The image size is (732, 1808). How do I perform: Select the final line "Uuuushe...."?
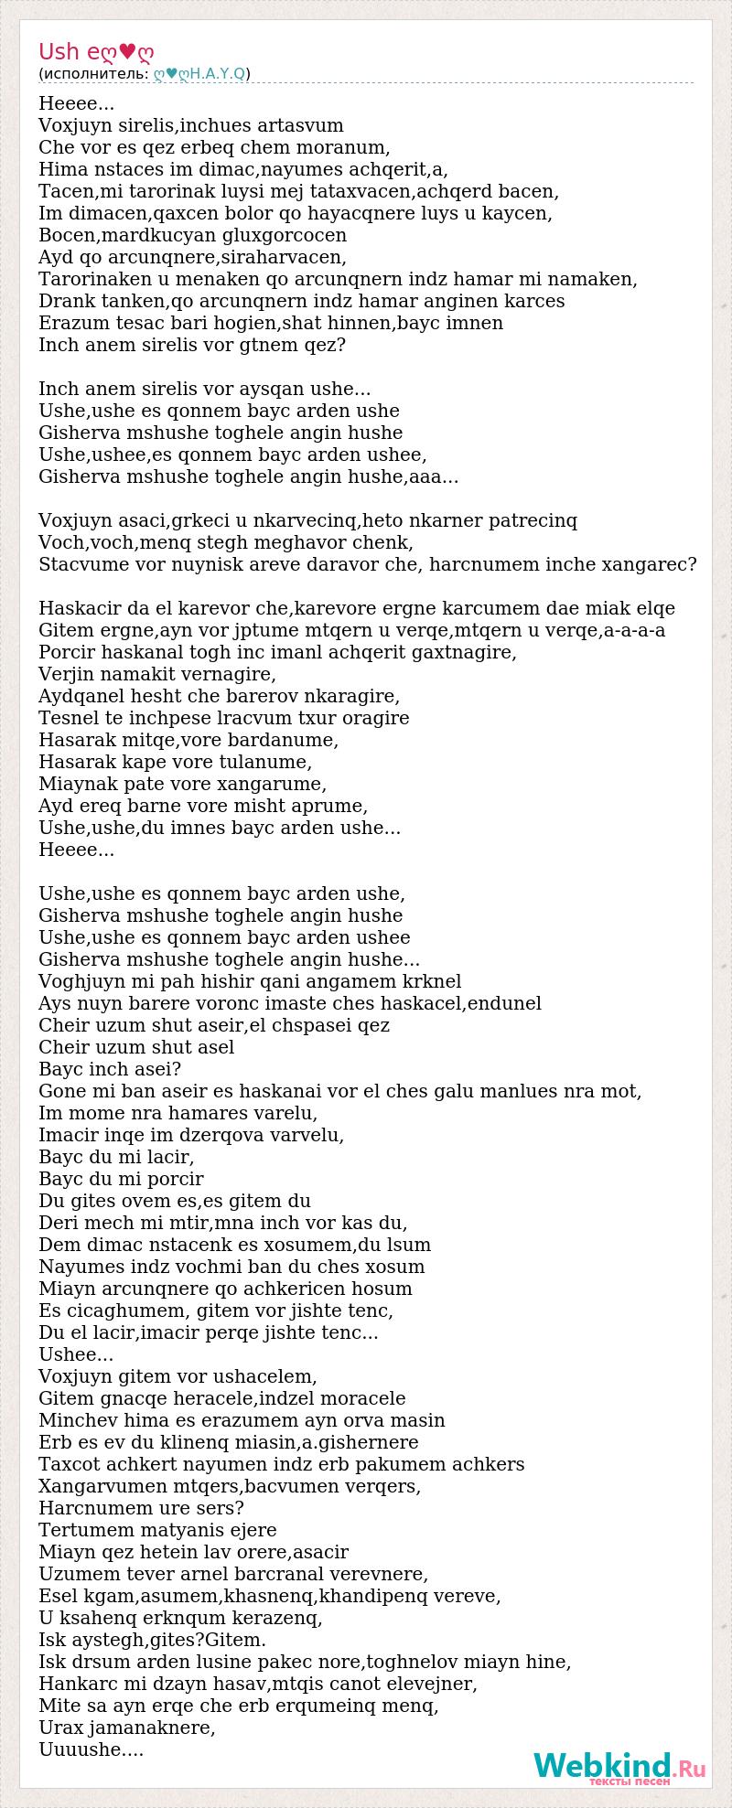pos(91,1749)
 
